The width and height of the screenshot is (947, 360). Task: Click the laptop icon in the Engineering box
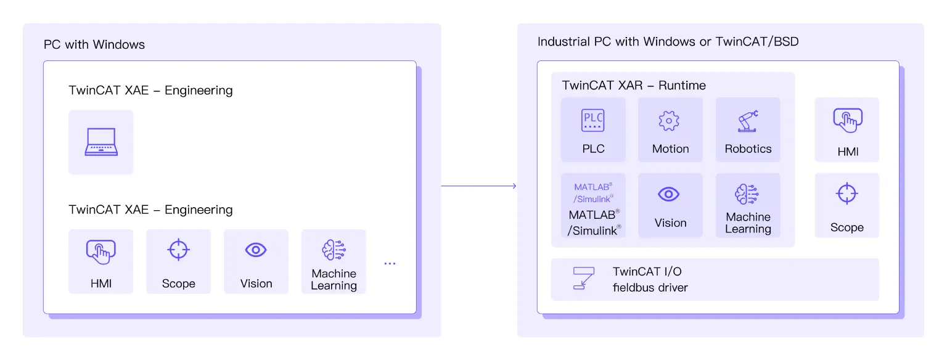tap(100, 142)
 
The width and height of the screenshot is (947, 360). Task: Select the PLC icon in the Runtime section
tap(592, 120)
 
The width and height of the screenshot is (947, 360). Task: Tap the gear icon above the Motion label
tap(669, 121)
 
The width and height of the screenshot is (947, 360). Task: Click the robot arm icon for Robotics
tap(747, 121)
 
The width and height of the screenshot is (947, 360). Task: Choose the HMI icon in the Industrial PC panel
tap(847, 121)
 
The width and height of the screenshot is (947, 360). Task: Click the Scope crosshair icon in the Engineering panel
tap(178, 250)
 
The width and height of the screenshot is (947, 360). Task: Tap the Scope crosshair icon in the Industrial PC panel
tap(847, 194)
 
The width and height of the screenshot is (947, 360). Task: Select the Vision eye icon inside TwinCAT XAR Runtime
tap(669, 195)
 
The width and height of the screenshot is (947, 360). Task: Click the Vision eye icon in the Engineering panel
tap(256, 250)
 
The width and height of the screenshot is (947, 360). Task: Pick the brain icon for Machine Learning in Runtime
tap(747, 195)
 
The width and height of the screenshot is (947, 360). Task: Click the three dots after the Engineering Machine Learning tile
tap(390, 264)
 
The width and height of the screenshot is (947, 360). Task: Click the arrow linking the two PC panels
tap(478, 186)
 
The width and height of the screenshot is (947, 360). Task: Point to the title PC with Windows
tap(94, 44)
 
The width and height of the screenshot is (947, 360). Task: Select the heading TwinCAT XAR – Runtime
tap(634, 85)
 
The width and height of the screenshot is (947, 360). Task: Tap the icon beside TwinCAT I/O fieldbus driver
tap(583, 278)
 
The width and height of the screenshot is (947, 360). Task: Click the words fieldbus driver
tap(650, 287)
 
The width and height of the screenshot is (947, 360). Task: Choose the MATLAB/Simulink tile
tap(593, 205)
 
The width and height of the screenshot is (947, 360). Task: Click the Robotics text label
tap(748, 149)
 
